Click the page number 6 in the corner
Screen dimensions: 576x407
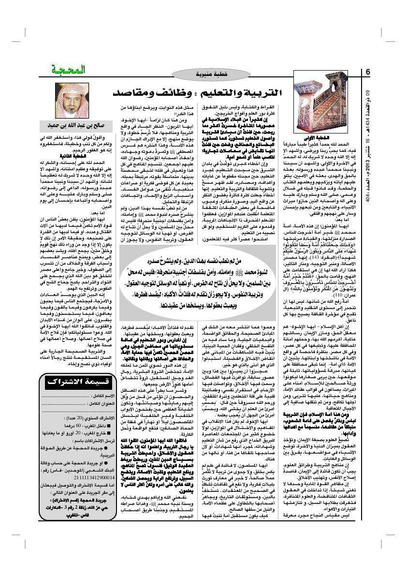[368, 72]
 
